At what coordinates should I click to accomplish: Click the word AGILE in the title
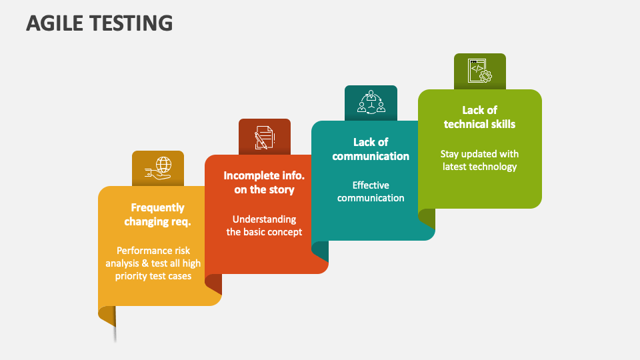pyautogui.click(x=55, y=23)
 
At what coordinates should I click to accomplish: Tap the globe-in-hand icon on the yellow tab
pyautogui.click(x=158, y=168)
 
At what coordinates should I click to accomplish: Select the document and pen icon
pyautogui.click(x=265, y=137)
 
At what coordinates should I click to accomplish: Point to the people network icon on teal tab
pyautogui.click(x=371, y=102)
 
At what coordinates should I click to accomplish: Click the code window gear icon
pyautogui.click(x=479, y=71)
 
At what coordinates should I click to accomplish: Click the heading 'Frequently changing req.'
pyautogui.click(x=157, y=215)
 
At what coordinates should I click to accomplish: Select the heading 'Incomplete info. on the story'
pyautogui.click(x=264, y=183)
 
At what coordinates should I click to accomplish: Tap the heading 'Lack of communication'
pyautogui.click(x=371, y=149)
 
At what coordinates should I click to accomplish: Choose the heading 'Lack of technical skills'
pyautogui.click(x=479, y=117)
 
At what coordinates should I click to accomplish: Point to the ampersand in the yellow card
pyautogui.click(x=145, y=263)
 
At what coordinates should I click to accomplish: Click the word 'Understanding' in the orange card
pyautogui.click(x=265, y=219)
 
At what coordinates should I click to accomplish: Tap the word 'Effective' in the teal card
pyautogui.click(x=371, y=185)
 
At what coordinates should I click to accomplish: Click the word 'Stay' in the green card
pyautogui.click(x=449, y=154)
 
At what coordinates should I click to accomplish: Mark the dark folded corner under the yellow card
pyautogui.click(x=107, y=315)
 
